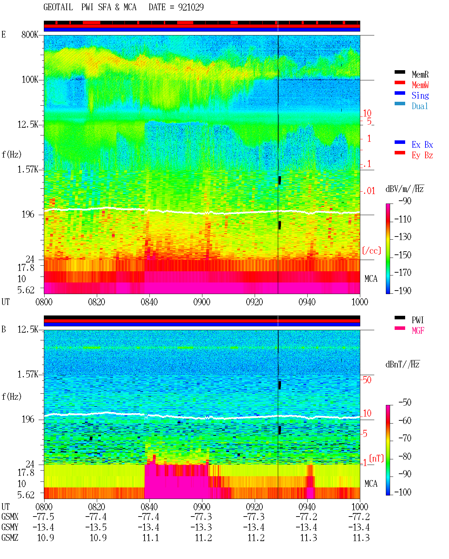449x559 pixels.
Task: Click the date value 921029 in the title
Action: [x=191, y=7]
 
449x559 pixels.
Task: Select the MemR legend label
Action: [x=420, y=74]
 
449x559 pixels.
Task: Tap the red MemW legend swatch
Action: [x=400, y=82]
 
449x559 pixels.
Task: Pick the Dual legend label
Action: [x=420, y=106]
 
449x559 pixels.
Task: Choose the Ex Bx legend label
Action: [x=422, y=145]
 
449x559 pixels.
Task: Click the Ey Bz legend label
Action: [x=422, y=155]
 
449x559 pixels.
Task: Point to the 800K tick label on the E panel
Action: [x=30, y=34]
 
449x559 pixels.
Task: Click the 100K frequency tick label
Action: [x=30, y=80]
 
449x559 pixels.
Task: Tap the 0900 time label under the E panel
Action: [x=202, y=302]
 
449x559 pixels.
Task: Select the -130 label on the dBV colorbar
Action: [x=403, y=237]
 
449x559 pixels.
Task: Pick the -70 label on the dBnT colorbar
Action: [x=405, y=438]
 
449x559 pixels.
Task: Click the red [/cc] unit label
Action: [x=371, y=251]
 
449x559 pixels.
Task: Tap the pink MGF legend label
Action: [x=418, y=331]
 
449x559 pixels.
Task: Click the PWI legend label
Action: [x=417, y=320]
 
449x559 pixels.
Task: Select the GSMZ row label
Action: [x=10, y=538]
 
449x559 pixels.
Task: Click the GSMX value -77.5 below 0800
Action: [x=43, y=517]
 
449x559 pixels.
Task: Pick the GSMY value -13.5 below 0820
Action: [x=96, y=527]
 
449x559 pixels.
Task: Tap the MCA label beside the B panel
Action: [x=371, y=484]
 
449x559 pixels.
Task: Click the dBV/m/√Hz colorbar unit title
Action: [x=405, y=189]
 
